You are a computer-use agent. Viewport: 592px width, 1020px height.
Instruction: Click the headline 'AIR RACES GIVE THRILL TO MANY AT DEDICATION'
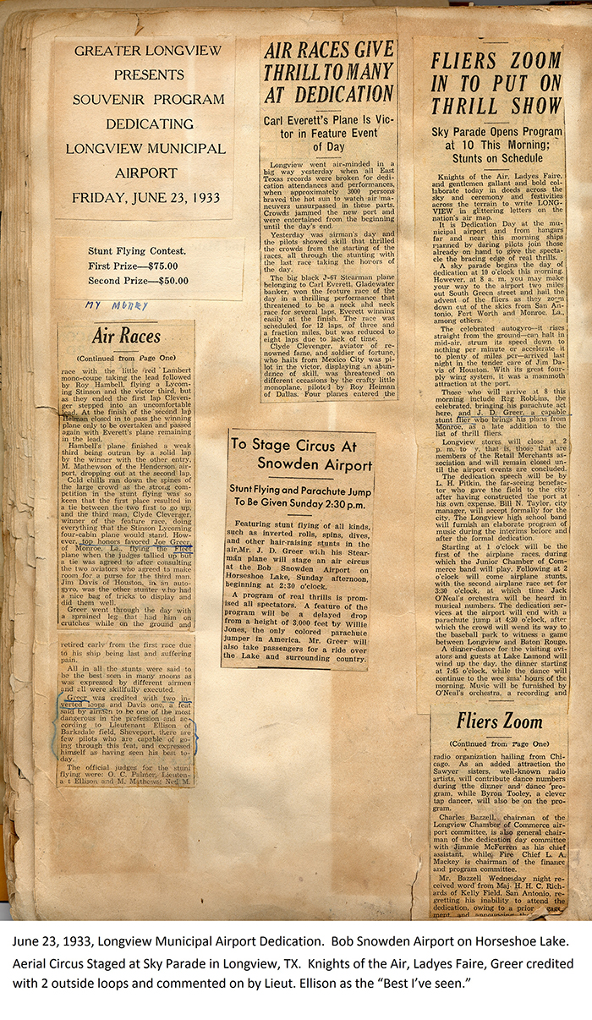(328, 72)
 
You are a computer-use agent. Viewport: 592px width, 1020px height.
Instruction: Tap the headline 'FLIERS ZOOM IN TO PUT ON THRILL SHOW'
(496, 84)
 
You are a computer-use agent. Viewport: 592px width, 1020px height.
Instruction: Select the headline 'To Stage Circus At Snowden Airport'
(302, 453)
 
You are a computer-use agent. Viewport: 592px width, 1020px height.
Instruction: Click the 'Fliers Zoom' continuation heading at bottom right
(499, 721)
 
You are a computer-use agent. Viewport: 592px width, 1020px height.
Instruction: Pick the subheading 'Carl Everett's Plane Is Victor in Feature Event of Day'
(328, 134)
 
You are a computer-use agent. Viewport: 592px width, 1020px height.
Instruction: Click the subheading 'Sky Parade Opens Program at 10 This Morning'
(496, 144)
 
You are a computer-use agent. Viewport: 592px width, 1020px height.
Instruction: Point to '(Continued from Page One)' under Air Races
(127, 359)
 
